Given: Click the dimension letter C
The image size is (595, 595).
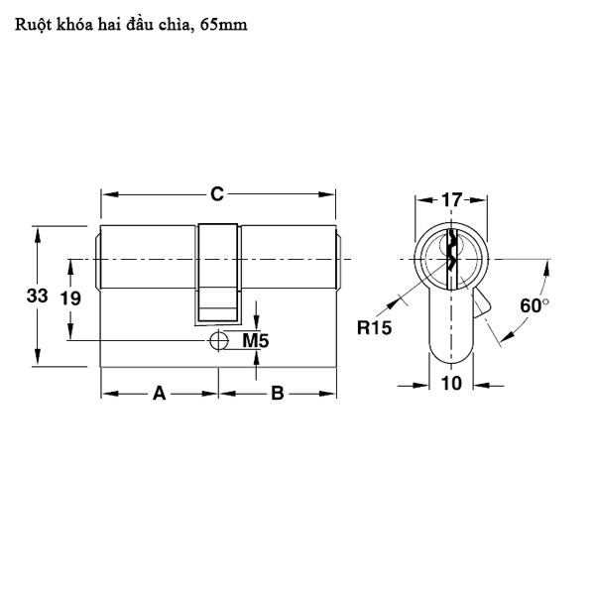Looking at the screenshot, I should point(216,195).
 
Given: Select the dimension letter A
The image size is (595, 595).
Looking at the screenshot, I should point(158,394).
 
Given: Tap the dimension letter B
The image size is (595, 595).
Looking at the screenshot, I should point(278,394).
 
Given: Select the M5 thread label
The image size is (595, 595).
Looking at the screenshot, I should point(256,341).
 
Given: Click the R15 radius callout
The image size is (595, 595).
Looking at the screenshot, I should point(376,328).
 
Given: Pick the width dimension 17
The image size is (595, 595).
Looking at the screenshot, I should point(451,200).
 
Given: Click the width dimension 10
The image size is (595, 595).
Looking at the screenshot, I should point(451,385).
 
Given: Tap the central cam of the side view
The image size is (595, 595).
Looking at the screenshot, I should point(219,273).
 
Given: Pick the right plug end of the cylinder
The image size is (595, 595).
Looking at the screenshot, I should point(339,260).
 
